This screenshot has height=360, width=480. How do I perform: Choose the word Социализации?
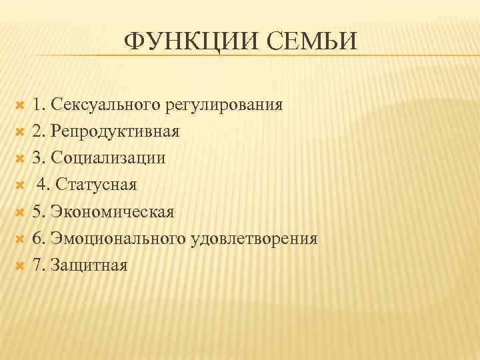(x=108, y=158)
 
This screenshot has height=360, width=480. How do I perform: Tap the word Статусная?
(x=98, y=185)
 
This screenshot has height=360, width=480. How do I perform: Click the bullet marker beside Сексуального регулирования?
(x=19, y=105)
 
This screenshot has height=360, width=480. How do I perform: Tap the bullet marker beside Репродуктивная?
(x=19, y=131)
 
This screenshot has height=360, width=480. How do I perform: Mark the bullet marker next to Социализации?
(x=19, y=158)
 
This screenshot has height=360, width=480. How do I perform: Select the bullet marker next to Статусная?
(x=19, y=185)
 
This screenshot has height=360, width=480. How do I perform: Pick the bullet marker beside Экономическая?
(x=19, y=211)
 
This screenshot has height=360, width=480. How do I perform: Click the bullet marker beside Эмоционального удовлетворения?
(x=19, y=238)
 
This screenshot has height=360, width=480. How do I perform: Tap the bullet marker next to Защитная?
(x=19, y=265)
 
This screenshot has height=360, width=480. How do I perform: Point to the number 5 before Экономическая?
(x=37, y=211)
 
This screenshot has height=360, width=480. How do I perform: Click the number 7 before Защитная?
(x=37, y=265)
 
